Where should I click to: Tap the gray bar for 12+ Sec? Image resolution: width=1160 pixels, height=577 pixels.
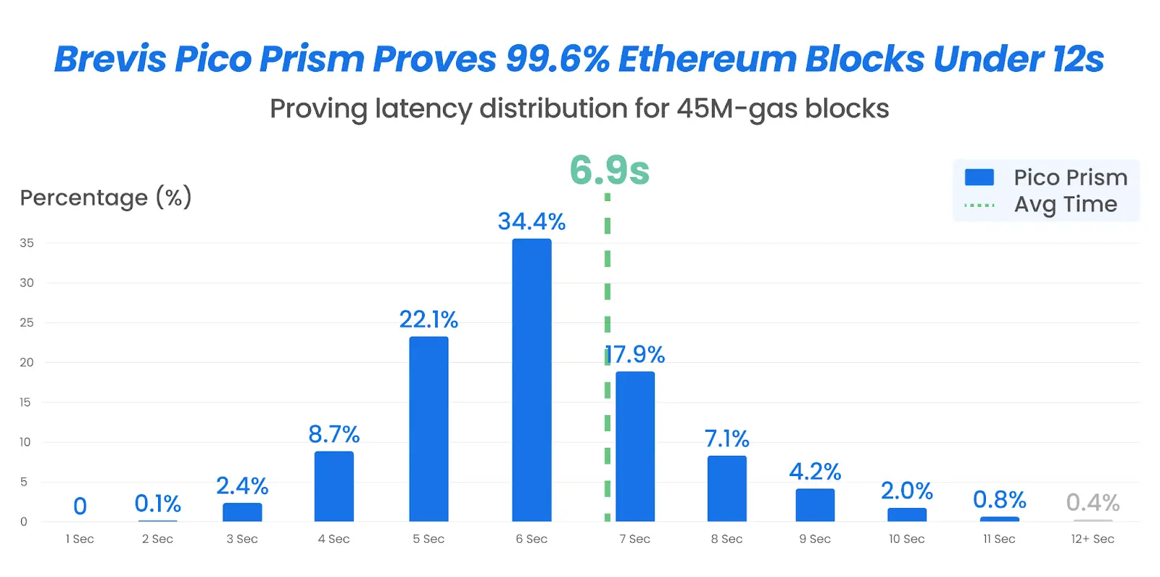1093,520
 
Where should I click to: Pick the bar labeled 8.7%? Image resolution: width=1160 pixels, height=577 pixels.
333,486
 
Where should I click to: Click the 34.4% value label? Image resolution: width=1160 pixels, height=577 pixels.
531,221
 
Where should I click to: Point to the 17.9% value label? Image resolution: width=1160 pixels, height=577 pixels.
636,354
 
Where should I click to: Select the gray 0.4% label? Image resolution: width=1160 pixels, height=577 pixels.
1093,502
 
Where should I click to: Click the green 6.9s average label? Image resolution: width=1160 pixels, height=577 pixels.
609,171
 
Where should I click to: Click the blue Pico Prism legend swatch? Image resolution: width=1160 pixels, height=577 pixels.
979,177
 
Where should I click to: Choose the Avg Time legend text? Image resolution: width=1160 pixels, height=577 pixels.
1065,205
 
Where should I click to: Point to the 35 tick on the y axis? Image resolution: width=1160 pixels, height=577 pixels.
27,243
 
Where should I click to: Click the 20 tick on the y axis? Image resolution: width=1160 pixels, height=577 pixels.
27,362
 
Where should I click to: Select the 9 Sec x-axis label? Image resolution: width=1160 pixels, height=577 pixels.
815,539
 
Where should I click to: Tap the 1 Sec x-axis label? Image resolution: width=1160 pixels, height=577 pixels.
80,539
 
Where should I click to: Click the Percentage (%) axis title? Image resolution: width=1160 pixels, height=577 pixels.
106,197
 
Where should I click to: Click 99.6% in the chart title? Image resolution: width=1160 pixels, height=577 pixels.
558,59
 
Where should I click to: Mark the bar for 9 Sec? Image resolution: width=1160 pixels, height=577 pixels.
815,504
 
